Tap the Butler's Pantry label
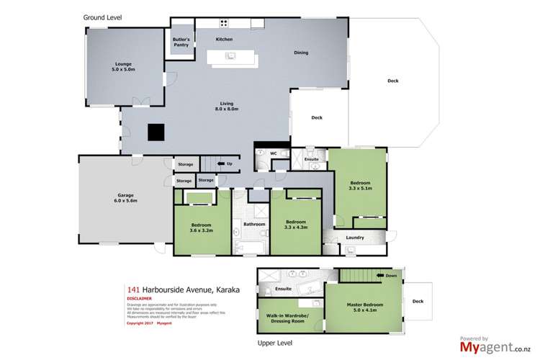[181, 42]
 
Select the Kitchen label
[224, 38]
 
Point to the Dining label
[301, 53]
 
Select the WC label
[274, 153]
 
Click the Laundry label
[354, 238]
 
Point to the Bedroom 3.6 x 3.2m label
[202, 226]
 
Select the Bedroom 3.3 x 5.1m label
[361, 186]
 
